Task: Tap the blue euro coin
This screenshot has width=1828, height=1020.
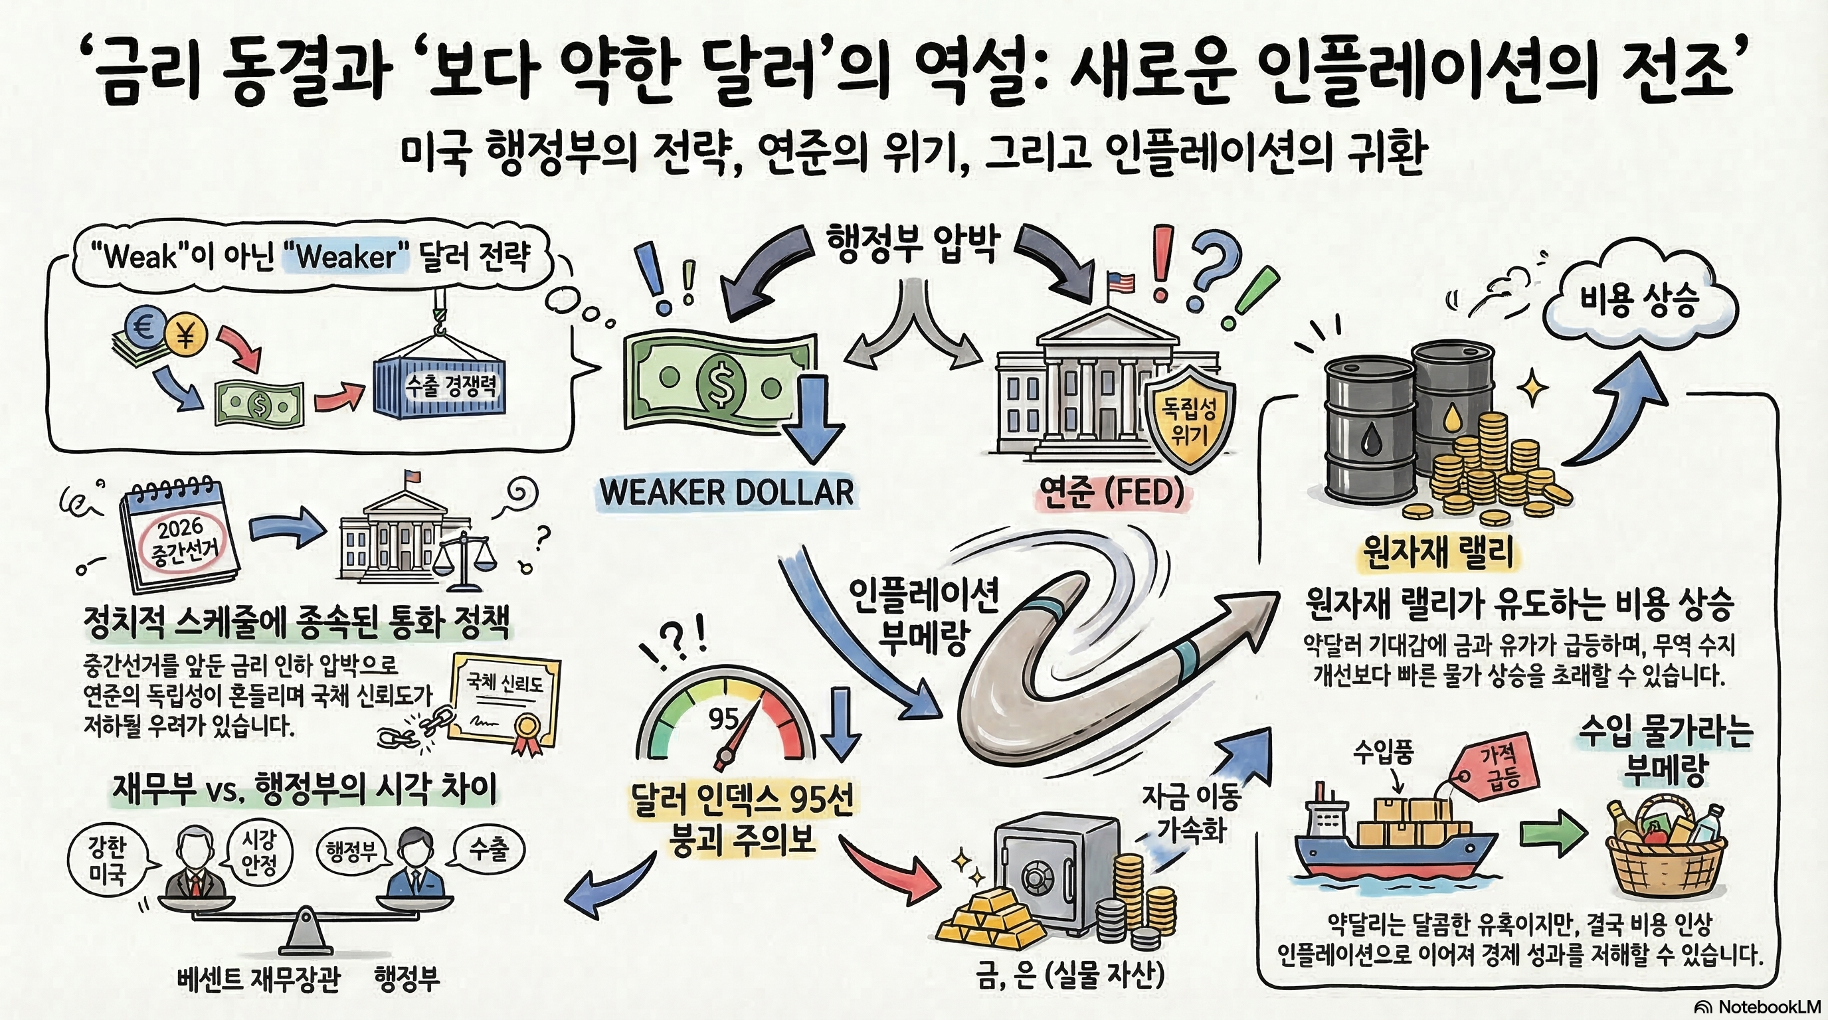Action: [145, 325]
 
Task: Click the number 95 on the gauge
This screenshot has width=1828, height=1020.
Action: [723, 719]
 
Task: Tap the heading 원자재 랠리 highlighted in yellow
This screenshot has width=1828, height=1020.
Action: [1437, 552]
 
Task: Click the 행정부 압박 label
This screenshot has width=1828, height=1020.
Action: [913, 243]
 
